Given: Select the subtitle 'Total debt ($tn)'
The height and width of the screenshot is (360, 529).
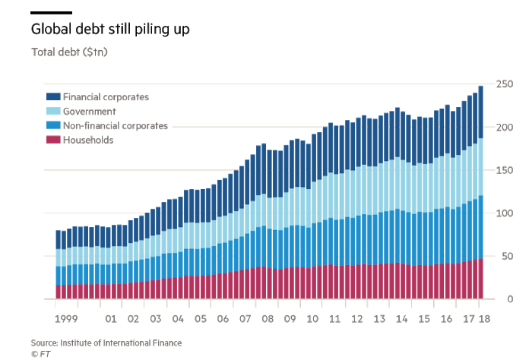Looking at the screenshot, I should pyautogui.click(x=70, y=52).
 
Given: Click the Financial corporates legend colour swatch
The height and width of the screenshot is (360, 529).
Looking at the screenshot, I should pyautogui.click(x=53, y=96).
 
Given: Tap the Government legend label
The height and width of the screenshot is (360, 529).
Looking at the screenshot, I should pyautogui.click(x=89, y=112).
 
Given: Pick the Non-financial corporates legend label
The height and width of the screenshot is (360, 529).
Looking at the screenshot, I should pyautogui.click(x=116, y=126).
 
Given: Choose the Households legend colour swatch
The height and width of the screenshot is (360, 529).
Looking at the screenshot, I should pyautogui.click(x=53, y=141).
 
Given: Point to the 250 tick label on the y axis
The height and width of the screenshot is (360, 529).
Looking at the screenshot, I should pyautogui.click(x=504, y=84).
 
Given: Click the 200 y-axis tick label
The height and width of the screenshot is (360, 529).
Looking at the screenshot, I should pyautogui.click(x=504, y=127).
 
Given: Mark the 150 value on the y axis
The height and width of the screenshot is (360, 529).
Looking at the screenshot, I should pyautogui.click(x=504, y=170).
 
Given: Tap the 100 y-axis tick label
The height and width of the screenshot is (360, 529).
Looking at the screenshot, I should pyautogui.click(x=504, y=213).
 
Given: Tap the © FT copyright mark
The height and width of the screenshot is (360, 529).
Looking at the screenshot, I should pyautogui.click(x=39, y=353).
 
